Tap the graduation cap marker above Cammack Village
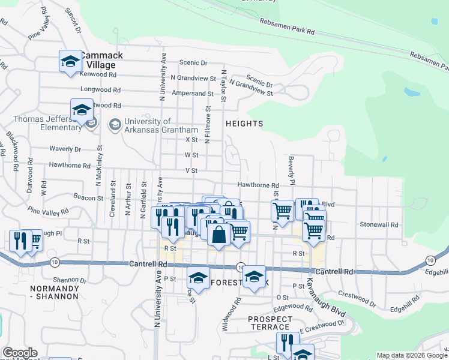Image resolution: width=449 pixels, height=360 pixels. [x=70, y=62]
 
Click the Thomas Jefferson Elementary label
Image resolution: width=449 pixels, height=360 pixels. [x=47, y=123]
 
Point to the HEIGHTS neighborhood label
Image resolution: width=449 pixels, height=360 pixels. [x=244, y=124]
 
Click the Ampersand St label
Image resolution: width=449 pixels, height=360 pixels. [x=193, y=94]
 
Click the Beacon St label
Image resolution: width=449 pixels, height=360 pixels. [x=89, y=197]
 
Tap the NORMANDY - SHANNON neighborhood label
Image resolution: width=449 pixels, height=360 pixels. [x=55, y=292]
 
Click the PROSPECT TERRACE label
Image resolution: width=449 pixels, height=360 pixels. [x=270, y=322]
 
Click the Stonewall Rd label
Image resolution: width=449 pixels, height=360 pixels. [x=379, y=224]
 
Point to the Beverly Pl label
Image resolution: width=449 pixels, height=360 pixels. [x=292, y=170]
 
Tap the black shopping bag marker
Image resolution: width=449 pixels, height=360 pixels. [x=218, y=235]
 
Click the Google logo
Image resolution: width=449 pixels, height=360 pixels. [x=20, y=353]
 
